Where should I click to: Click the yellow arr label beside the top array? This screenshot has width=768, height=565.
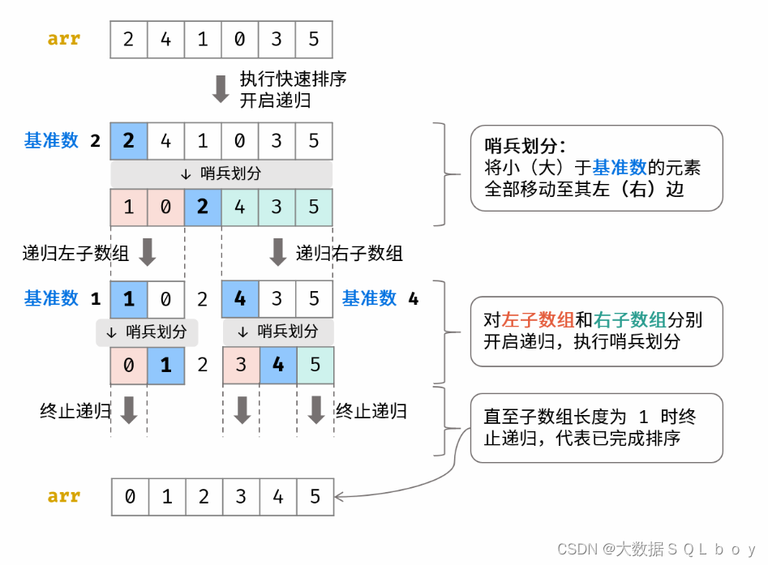click(x=64, y=38)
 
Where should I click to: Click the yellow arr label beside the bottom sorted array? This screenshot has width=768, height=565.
click(x=64, y=495)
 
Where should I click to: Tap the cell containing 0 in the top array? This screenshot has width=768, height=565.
click(x=239, y=39)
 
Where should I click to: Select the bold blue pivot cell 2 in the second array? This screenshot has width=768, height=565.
click(x=129, y=140)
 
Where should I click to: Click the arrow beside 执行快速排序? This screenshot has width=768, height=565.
click(x=221, y=88)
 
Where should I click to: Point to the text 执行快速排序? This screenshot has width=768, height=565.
click(x=293, y=79)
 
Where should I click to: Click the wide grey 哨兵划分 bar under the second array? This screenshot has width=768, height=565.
click(x=221, y=173)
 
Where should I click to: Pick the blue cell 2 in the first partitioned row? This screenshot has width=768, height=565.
click(x=203, y=207)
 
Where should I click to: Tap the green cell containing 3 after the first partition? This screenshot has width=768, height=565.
click(x=277, y=207)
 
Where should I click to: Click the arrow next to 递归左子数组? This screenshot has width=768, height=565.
click(x=147, y=252)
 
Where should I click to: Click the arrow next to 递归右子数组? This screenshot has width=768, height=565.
click(x=277, y=252)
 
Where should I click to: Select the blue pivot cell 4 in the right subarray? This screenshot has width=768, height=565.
click(x=240, y=298)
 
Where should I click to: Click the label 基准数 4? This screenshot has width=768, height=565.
click(x=380, y=298)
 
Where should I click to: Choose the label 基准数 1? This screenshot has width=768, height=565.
click(x=62, y=298)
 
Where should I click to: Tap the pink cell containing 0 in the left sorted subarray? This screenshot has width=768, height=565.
click(x=129, y=365)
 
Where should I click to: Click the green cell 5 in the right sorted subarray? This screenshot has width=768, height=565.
click(x=315, y=365)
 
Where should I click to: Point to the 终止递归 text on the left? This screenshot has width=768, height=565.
click(x=75, y=410)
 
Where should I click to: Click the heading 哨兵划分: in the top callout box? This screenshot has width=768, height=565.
click(x=525, y=146)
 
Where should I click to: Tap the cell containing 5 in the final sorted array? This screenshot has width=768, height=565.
click(x=315, y=496)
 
